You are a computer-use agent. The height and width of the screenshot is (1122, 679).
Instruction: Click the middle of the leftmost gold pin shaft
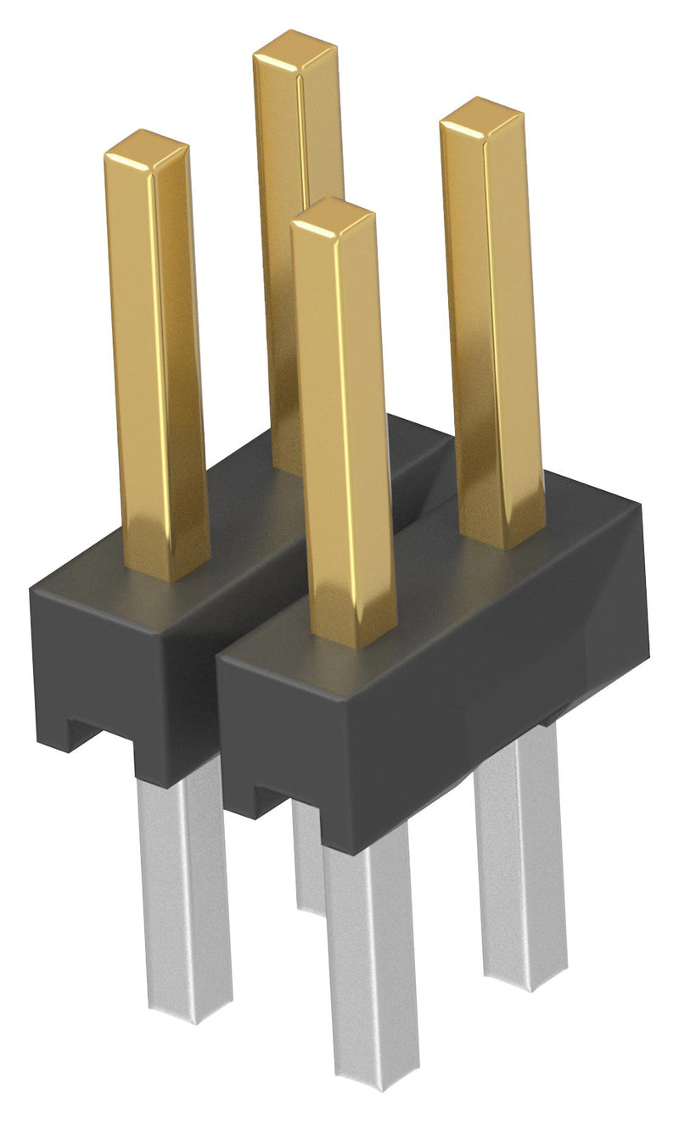(x=160, y=356)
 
